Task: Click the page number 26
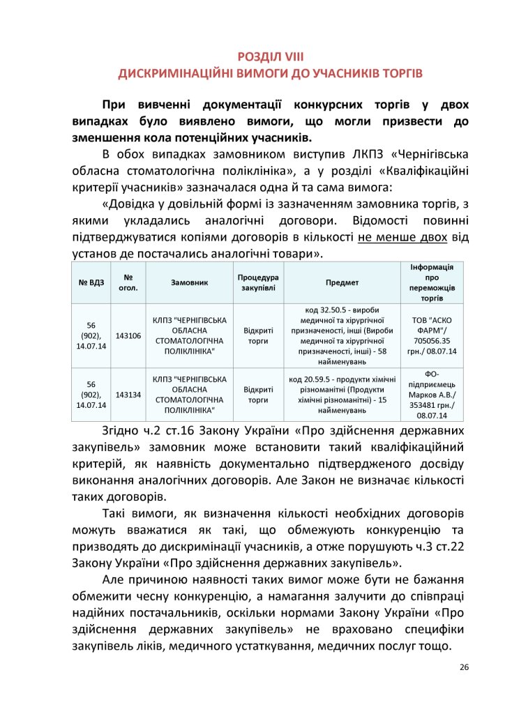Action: (x=464, y=667)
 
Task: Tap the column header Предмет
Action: (x=342, y=283)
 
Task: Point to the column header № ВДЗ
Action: (x=91, y=283)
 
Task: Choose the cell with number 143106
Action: (x=128, y=336)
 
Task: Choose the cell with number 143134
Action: (x=128, y=394)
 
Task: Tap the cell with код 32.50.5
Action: (x=342, y=336)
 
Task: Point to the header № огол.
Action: (x=128, y=283)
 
